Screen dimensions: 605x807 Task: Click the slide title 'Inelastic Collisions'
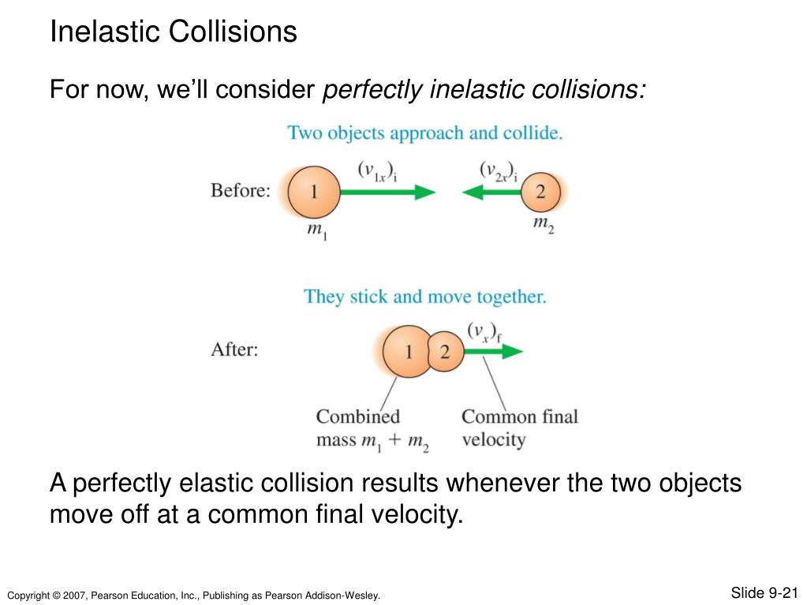point(174,32)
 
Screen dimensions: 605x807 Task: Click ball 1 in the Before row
point(313,191)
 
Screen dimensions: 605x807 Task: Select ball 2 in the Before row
point(540,191)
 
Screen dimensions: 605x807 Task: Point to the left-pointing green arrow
point(491,192)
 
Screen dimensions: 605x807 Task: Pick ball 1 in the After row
point(406,352)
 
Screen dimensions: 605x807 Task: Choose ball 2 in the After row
point(445,352)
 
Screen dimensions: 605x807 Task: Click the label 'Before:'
point(240,191)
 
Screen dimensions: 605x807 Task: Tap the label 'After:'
point(234,349)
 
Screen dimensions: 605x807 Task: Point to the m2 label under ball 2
point(543,226)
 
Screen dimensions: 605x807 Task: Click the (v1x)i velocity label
point(376,170)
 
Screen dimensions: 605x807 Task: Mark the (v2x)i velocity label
point(499,170)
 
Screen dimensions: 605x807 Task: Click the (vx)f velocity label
point(484,331)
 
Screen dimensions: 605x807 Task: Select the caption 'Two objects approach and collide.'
point(425,133)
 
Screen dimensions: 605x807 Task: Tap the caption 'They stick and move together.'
point(425,297)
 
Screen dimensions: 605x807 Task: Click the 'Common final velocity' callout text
point(519,428)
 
